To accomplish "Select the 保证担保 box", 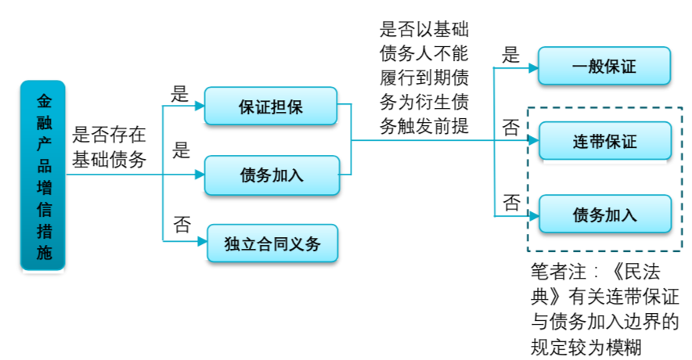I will click(271, 106).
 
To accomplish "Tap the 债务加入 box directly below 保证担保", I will click(271, 175).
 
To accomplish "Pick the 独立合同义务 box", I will click(275, 243).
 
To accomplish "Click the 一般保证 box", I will click(604, 66).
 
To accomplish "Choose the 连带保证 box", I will click(604, 142).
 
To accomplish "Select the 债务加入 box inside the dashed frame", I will click(604, 214).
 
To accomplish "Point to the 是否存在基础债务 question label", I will click(109, 147).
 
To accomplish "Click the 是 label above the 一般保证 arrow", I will click(511, 53).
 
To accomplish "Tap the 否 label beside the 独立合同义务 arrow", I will click(182, 225).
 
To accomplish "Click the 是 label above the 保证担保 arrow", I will click(181, 94).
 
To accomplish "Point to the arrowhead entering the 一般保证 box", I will click(533, 68).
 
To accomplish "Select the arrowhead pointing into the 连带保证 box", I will click(533, 142).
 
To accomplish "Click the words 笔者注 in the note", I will click(557, 273).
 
